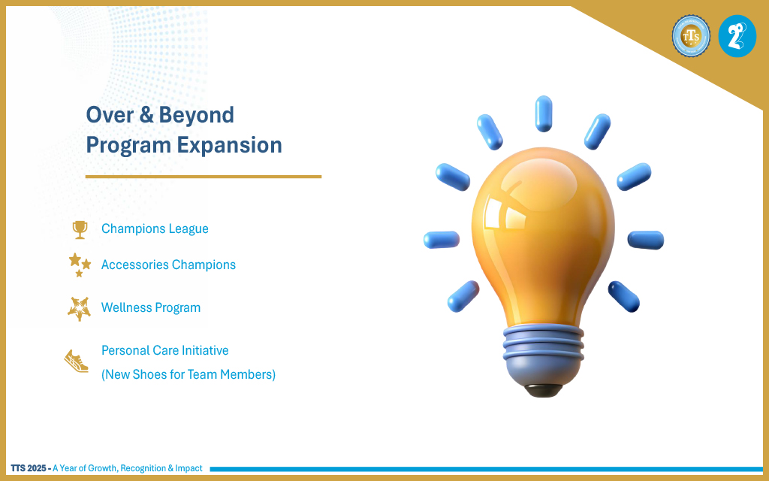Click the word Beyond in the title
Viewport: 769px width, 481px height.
[196, 116]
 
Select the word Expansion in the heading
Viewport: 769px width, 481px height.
[229, 146]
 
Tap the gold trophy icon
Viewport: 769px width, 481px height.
[80, 230]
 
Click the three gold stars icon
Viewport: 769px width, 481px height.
[80, 265]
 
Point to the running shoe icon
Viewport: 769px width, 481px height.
[77, 362]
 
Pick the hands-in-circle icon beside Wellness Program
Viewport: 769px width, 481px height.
[80, 308]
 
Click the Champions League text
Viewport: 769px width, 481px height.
[155, 228]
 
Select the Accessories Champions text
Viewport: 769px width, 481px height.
[168, 265]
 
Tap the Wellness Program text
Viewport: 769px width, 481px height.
[150, 307]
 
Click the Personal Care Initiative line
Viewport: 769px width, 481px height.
[164, 350]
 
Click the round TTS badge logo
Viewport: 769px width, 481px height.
[691, 35]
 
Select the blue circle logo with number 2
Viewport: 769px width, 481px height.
[737, 36]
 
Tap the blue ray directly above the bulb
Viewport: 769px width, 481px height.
[544, 114]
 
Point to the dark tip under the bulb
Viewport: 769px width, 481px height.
[544, 391]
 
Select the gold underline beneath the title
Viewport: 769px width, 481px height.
[204, 176]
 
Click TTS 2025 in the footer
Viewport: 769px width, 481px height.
[29, 468]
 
